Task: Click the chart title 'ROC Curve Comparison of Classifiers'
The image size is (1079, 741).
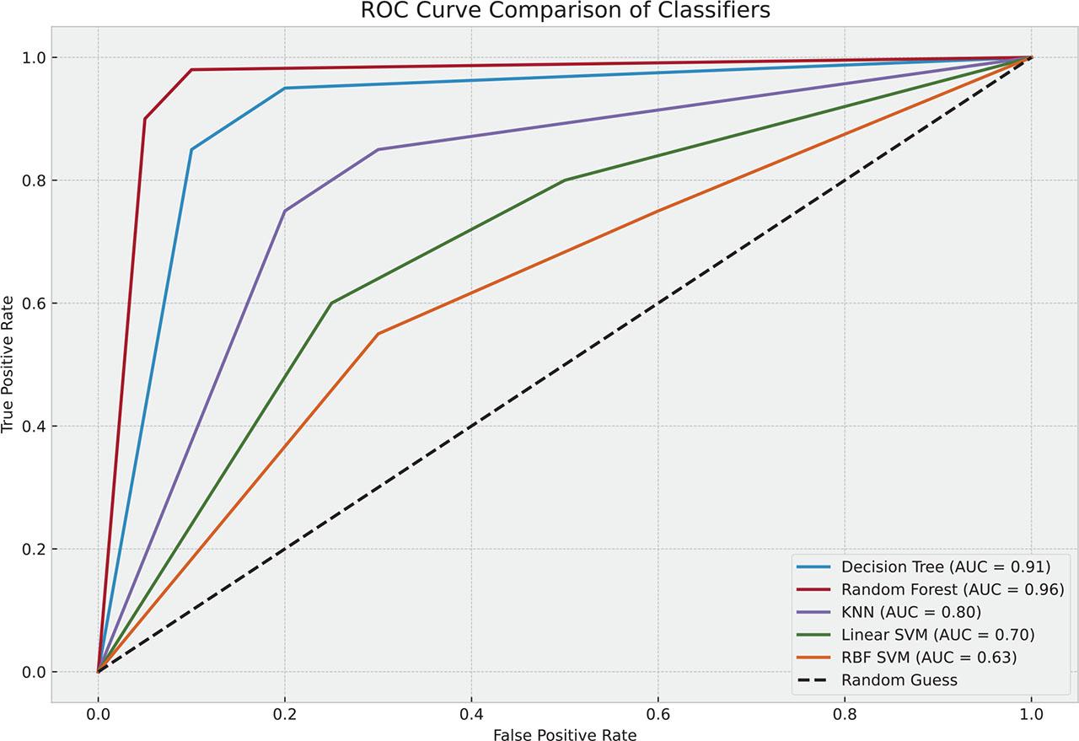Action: point(565,11)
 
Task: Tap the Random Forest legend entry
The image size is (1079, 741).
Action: point(952,588)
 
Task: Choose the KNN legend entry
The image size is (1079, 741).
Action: point(911,611)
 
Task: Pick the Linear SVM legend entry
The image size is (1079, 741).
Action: point(937,634)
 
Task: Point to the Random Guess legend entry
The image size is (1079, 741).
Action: point(899,679)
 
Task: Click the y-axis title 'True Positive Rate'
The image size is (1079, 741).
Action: point(9,364)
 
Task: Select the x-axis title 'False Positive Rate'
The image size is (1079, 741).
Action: point(565,733)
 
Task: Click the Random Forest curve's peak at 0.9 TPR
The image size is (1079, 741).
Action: point(145,119)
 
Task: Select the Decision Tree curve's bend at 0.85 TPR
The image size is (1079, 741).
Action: point(191,149)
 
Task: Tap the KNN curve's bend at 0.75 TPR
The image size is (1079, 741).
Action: point(285,211)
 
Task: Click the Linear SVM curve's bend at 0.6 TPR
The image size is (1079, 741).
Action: point(331,303)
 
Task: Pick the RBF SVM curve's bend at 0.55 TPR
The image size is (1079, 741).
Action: point(378,334)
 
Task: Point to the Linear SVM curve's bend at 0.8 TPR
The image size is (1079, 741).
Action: point(565,180)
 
